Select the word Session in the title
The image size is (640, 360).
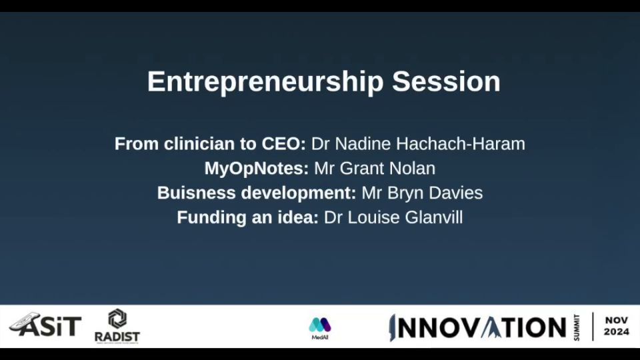[446, 81]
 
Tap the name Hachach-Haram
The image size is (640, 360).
[461, 144]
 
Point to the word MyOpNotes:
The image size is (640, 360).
[256, 169]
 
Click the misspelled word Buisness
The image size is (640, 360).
[196, 193]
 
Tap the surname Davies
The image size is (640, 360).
[455, 193]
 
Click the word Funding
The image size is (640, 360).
[211, 217]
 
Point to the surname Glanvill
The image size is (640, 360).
[434, 217]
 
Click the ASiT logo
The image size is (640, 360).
[45, 325]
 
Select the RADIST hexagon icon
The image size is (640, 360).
[117, 319]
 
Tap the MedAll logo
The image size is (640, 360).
[319, 328]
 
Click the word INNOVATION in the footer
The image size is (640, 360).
[477, 327]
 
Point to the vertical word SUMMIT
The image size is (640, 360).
[576, 328]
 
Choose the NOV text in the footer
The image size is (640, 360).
[616, 321]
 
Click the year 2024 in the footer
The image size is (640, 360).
[616, 332]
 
